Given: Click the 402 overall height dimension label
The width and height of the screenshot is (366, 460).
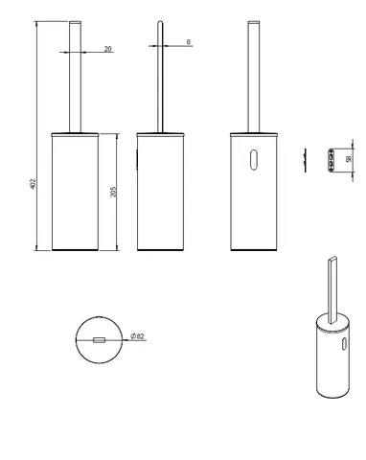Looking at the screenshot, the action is [33, 184].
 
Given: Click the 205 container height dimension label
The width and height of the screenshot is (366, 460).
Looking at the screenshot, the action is [113, 192].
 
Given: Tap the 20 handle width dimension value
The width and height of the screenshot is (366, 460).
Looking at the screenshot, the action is [108, 49].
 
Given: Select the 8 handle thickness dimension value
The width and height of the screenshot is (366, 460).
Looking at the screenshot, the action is [189, 42].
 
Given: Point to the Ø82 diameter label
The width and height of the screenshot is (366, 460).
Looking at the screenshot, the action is [138, 336].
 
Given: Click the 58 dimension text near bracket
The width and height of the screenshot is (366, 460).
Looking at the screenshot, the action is [349, 159].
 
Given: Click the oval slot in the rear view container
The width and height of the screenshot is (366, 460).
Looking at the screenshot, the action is [254, 159].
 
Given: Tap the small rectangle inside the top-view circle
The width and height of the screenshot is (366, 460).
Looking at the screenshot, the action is [99, 340].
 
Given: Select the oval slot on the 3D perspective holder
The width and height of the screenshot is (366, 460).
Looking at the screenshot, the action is [344, 343].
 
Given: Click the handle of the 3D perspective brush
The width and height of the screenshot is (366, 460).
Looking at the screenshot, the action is [332, 290].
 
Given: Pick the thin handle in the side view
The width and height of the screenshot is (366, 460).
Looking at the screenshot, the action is [160, 77].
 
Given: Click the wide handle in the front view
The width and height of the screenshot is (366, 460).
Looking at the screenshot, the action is [75, 77].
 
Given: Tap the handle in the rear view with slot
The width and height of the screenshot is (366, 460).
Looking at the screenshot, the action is [254, 77].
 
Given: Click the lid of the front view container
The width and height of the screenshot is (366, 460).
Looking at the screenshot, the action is [75, 134].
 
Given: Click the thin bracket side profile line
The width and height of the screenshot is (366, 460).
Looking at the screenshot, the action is [305, 160].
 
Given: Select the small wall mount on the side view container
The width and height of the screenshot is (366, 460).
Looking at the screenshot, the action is [137, 159].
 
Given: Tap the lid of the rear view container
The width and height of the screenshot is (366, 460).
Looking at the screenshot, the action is [254, 134].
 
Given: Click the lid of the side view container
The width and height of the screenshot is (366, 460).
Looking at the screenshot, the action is [160, 134].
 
